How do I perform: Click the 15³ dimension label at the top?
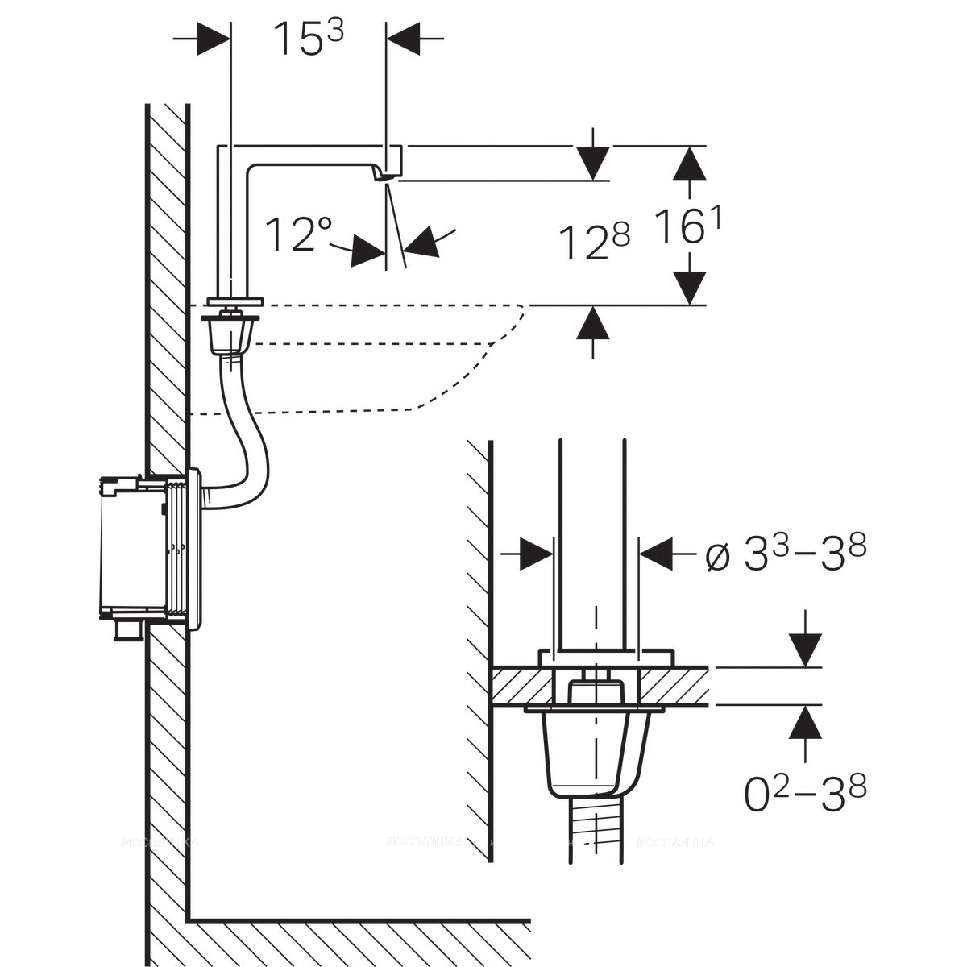tap(309, 38)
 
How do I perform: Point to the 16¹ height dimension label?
tap(687, 228)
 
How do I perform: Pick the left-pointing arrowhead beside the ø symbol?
tap(657, 554)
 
